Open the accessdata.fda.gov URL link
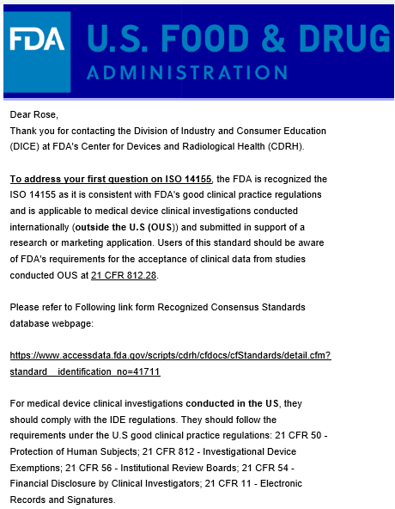tap(170, 355)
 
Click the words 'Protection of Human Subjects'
tap(72, 451)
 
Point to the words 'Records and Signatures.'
tap(62, 500)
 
